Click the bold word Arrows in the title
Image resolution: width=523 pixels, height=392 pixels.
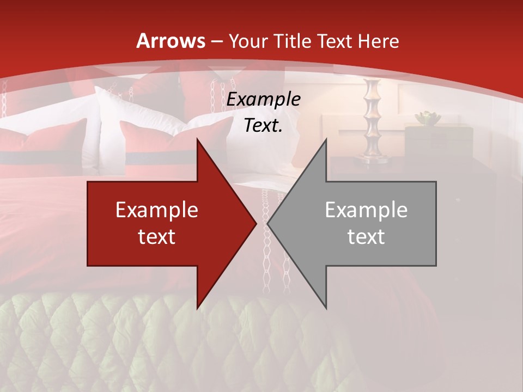(x=171, y=41)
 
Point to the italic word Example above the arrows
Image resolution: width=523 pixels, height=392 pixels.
(x=264, y=100)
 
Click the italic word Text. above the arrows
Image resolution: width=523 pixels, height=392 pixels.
(x=264, y=126)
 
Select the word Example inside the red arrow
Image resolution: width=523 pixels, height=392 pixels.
(x=157, y=210)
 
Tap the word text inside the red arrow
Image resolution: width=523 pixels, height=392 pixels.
(x=157, y=236)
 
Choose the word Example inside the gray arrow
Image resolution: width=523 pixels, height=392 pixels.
(x=366, y=210)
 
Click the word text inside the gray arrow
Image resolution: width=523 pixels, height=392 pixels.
(x=366, y=236)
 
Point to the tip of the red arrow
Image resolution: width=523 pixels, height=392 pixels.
(x=256, y=223)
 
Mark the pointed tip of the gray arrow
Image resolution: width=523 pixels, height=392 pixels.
(x=268, y=223)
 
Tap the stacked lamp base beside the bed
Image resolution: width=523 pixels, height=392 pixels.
(x=373, y=120)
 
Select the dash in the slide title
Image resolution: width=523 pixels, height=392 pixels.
(x=217, y=41)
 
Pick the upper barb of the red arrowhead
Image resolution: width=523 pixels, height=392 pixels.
(x=198, y=141)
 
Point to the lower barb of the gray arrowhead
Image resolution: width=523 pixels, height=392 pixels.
(x=326, y=307)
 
